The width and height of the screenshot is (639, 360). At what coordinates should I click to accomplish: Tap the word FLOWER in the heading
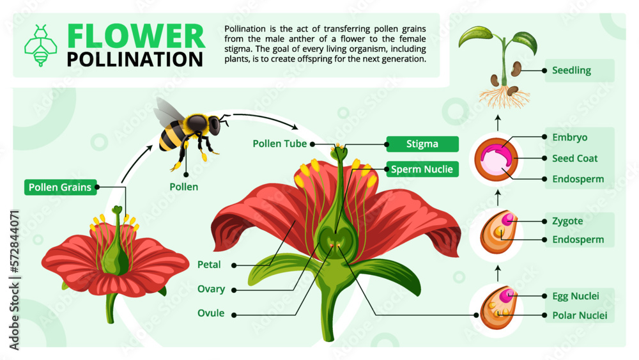(x=136, y=36)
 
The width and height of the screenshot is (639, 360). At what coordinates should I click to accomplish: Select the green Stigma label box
(x=422, y=144)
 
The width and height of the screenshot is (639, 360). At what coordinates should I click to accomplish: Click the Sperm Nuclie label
(x=422, y=169)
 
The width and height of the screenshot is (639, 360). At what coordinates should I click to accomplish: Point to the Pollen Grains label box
(x=61, y=187)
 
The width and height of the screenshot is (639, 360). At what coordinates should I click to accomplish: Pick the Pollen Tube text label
(x=280, y=144)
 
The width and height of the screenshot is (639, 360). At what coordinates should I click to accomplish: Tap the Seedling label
(x=571, y=70)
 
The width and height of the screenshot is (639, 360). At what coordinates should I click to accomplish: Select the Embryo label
(x=569, y=137)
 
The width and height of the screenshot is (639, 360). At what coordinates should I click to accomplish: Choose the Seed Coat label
(x=575, y=158)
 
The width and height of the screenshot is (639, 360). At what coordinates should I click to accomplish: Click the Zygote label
(x=567, y=221)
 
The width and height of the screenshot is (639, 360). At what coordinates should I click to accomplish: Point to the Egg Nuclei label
(x=575, y=296)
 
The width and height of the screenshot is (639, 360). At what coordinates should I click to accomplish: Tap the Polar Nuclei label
(x=579, y=315)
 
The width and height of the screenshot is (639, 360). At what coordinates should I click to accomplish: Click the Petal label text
(x=210, y=264)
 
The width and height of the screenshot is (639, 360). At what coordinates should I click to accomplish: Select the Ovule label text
(x=211, y=313)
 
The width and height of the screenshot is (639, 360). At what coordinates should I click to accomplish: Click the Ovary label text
(x=211, y=289)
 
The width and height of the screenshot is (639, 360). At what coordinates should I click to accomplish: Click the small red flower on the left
(x=115, y=256)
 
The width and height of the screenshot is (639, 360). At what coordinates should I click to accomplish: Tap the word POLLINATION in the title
(x=135, y=59)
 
